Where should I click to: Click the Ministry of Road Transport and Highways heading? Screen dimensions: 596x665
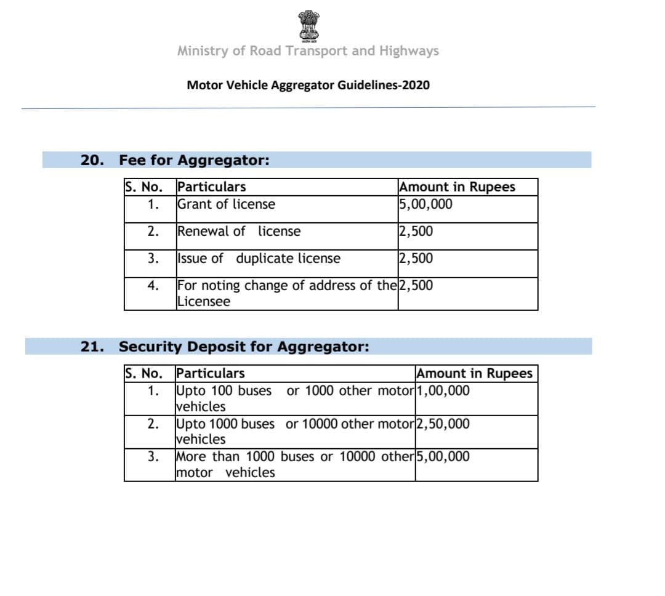[308, 51]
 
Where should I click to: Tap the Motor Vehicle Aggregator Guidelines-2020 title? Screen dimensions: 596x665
[308, 85]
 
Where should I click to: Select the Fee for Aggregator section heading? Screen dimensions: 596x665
[194, 161]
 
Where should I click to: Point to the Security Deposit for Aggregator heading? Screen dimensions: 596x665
[244, 347]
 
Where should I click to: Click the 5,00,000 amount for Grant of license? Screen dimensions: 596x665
[425, 204]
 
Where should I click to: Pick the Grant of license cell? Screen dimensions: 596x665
[226, 204]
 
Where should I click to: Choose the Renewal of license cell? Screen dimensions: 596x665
[239, 232]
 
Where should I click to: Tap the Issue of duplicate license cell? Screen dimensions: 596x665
[259, 259]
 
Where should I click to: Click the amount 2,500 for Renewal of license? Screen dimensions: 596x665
[416, 232]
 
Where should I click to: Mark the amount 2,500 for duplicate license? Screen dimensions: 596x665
[416, 259]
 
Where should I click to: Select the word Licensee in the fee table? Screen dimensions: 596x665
[203, 302]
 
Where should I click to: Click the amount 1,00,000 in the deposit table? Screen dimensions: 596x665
[443, 390]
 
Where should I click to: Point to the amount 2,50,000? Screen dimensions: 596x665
[443, 424]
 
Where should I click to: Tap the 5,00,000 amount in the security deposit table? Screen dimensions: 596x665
[443, 456]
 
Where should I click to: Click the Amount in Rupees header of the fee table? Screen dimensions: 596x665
[457, 187]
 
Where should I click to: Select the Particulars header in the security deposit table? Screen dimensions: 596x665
[210, 373]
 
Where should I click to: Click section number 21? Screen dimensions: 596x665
[92, 347]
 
